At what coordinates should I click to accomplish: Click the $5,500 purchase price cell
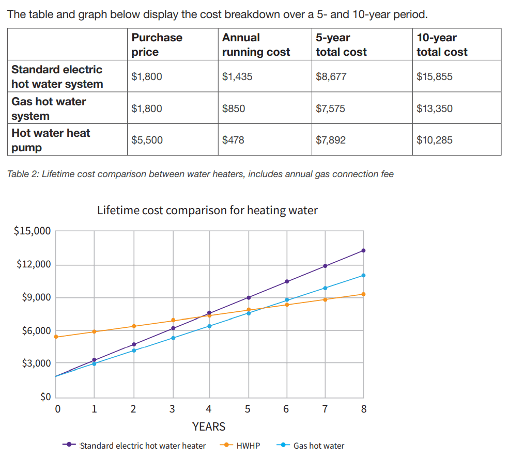point(147,140)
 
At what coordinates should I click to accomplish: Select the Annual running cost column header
point(256,44)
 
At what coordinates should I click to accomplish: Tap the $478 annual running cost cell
point(233,140)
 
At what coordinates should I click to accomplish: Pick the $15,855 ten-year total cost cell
point(434,76)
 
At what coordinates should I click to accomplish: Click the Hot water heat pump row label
point(51,140)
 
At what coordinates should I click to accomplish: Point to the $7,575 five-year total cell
point(331,108)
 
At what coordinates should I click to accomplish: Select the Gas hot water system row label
point(49,108)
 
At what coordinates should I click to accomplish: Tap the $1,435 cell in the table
point(237,76)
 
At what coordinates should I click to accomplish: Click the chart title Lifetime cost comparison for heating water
point(207,210)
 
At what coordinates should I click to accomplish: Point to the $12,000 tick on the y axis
point(34,265)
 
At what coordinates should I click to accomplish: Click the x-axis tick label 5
point(248,409)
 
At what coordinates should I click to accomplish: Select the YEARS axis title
point(209,426)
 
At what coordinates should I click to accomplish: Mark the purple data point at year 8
point(363,250)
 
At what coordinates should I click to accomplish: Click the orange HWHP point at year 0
point(56,337)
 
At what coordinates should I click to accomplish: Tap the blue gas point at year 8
point(363,275)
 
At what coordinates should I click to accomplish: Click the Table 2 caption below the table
point(200,174)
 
